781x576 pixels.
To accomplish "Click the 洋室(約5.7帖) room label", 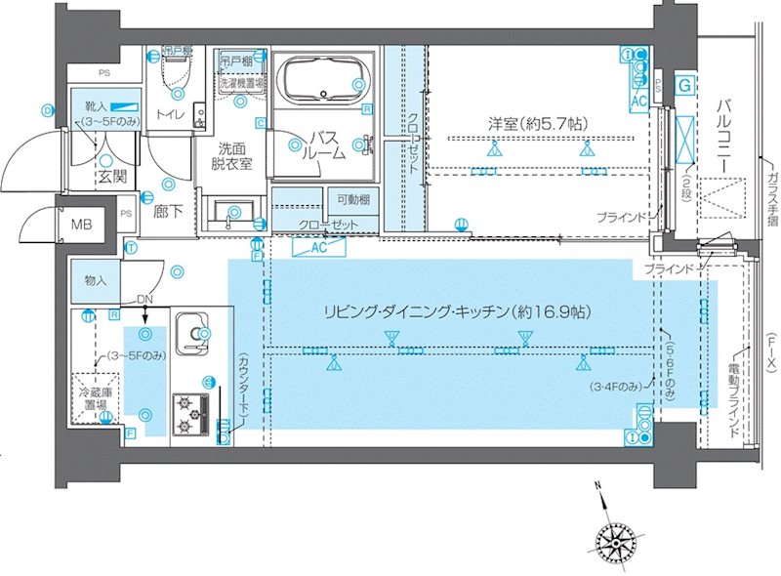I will (538, 124).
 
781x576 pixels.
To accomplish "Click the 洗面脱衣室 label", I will (234, 156).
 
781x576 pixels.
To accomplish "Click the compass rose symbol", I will (614, 536).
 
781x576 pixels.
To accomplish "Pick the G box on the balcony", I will (686, 87).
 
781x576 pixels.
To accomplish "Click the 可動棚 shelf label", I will (349, 199).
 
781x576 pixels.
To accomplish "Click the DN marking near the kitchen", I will (144, 300).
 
